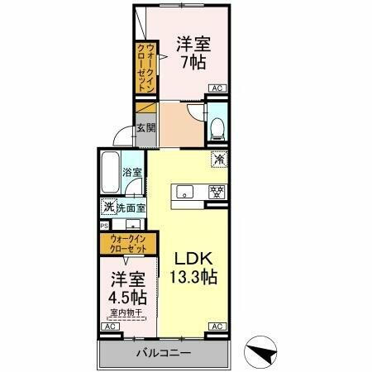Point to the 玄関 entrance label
(145, 128)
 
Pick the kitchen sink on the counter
(186, 192)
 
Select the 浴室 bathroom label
(132, 173)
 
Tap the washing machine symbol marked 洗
(108, 208)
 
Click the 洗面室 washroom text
(130, 208)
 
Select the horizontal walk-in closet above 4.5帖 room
(126, 244)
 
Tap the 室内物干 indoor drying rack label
(125, 312)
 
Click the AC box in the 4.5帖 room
(108, 327)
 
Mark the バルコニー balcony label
(164, 353)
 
